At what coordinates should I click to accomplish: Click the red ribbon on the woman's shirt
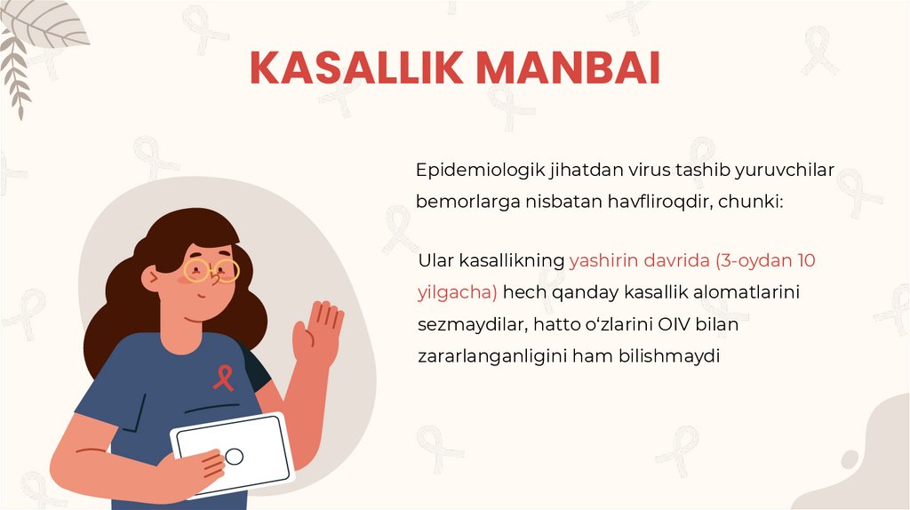pos(223,379)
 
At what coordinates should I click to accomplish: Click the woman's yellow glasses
pos(212,268)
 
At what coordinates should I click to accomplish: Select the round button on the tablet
pos(235,457)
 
